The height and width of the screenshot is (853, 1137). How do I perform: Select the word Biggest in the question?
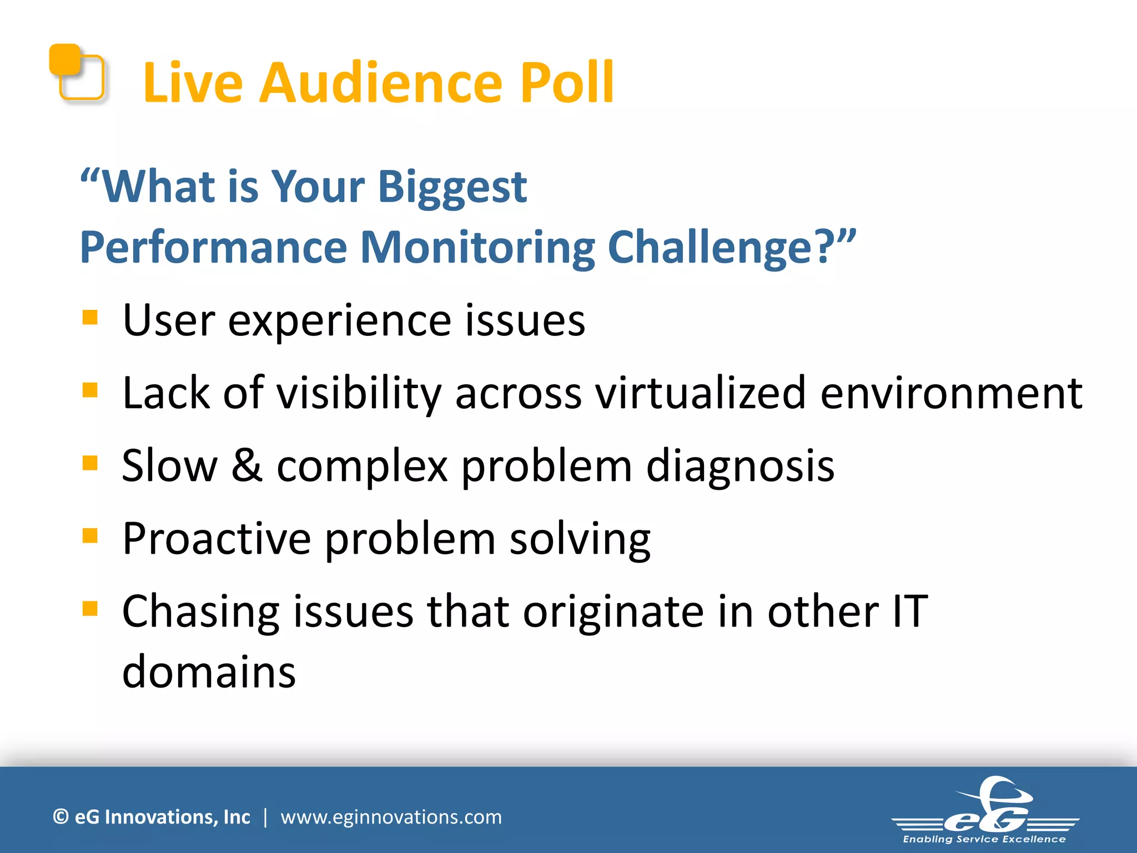point(452,188)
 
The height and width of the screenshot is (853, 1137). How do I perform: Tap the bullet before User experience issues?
point(90,318)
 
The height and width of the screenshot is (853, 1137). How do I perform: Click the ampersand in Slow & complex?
point(246,465)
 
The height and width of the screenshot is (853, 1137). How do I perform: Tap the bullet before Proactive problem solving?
point(90,536)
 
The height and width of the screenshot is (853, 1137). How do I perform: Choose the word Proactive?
point(217,539)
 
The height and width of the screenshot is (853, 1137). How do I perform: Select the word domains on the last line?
point(209,672)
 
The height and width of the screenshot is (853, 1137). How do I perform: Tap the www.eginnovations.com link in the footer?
point(391,817)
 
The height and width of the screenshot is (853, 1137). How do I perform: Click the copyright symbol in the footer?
point(61,817)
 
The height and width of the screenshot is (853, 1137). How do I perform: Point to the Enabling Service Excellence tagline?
point(984,839)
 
